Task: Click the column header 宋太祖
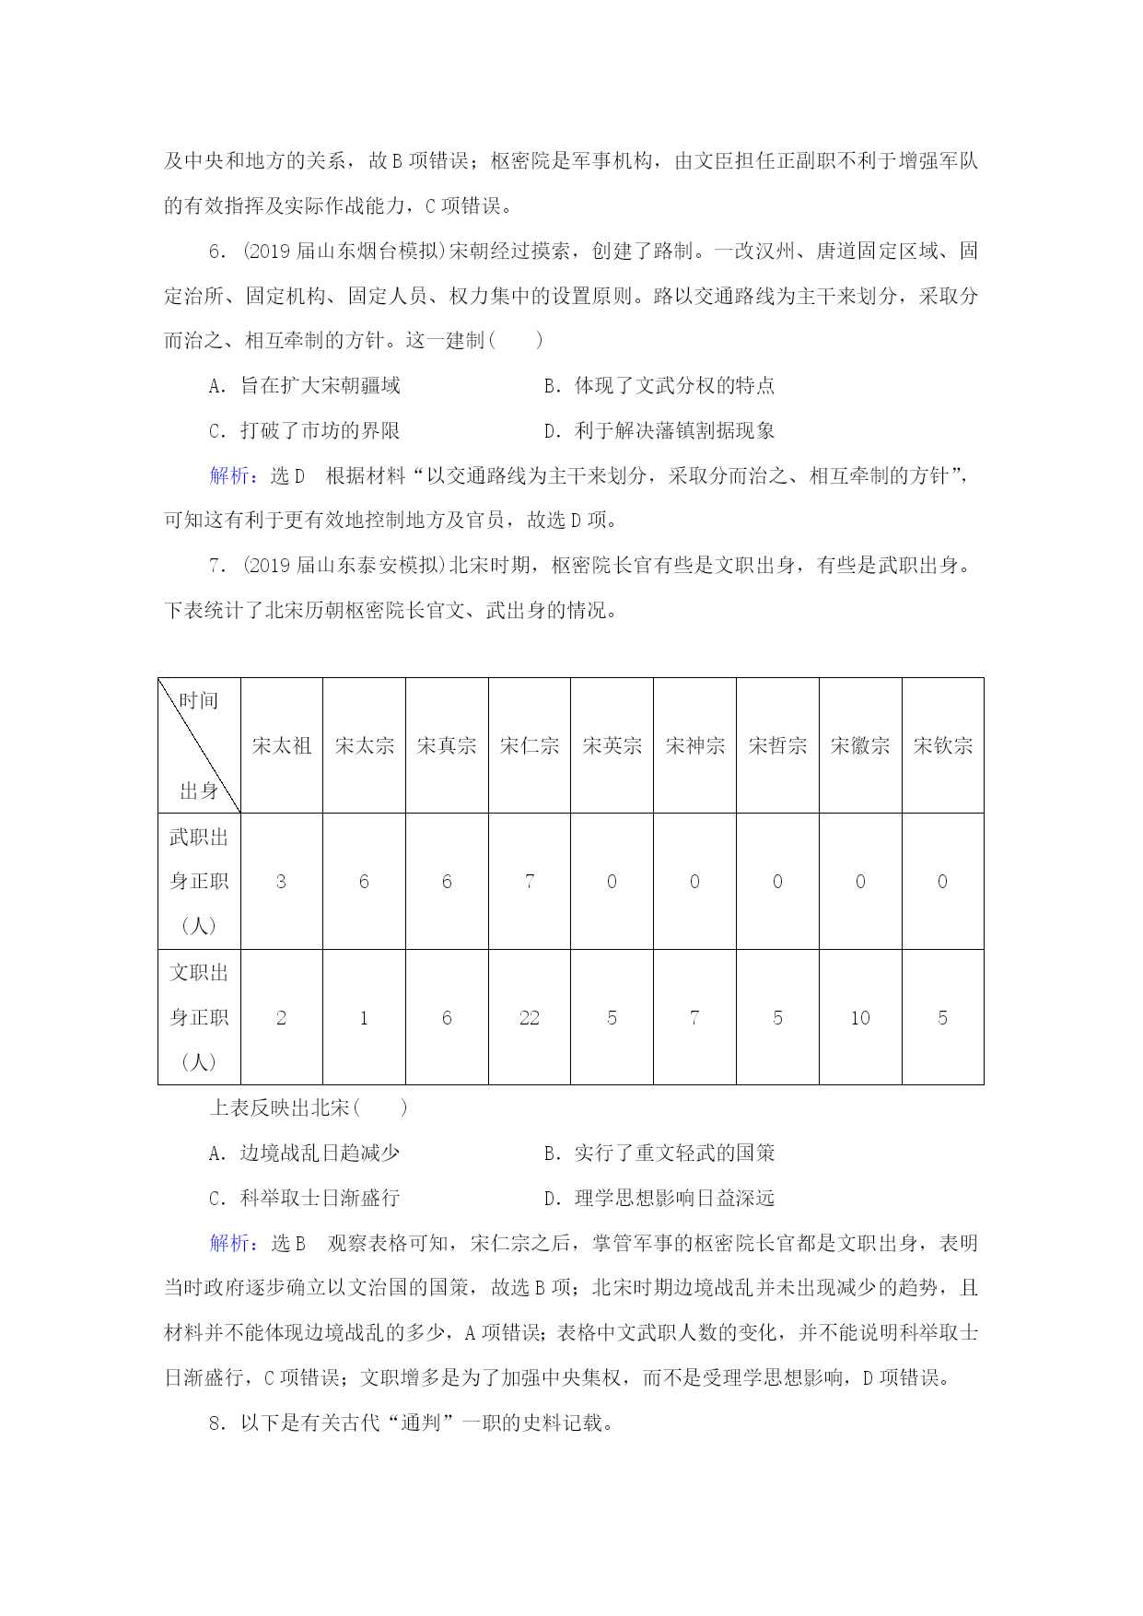[282, 745]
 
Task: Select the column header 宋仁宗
[530, 745]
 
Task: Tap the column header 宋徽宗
[860, 745]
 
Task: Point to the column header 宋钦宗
[943, 745]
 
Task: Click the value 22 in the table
[530, 1018]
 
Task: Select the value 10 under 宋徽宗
[860, 1018]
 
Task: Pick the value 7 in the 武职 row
[530, 882]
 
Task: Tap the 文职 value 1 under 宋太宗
[364, 1018]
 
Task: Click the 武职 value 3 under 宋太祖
[281, 882]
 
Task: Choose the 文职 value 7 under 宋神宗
[694, 1018]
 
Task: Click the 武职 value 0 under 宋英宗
[612, 882]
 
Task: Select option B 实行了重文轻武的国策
[659, 1153]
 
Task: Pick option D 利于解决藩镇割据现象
[659, 430]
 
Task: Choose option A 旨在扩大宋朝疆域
[305, 385]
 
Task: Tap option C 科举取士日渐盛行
[305, 1198]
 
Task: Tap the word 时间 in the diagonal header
[199, 700]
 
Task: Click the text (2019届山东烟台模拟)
[344, 251]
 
